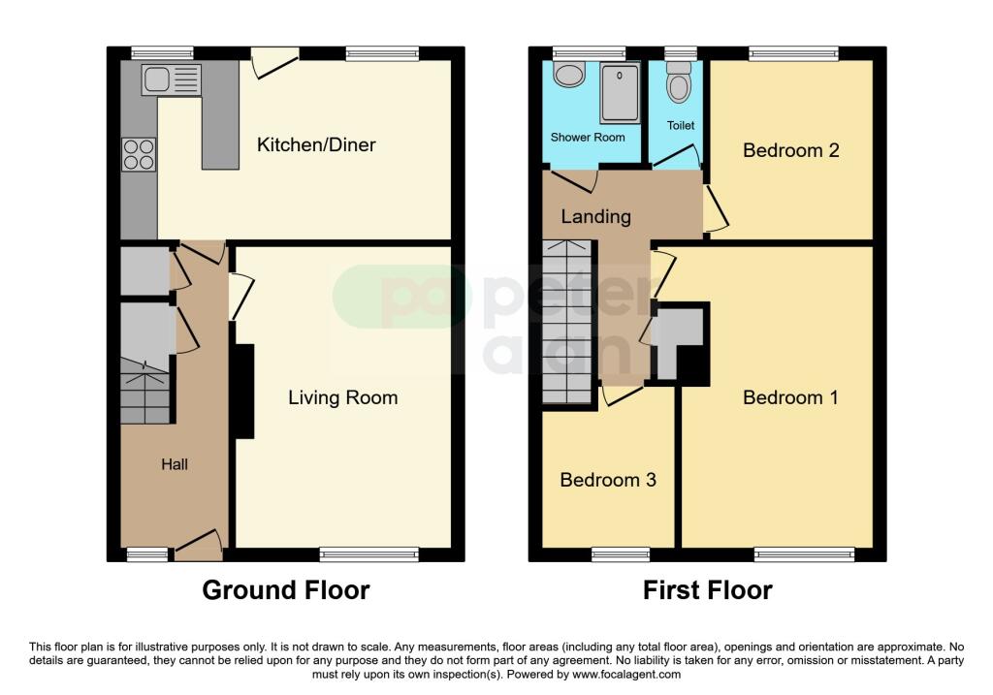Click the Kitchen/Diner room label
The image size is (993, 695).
(315, 145)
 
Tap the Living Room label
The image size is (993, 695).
(342, 397)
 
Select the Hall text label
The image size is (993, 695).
(175, 464)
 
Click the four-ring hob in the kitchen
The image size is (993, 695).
(138, 155)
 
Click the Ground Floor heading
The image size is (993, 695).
(286, 589)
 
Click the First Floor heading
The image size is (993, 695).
(708, 589)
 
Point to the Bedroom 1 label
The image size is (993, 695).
(790, 397)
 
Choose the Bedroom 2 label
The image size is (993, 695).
(790, 150)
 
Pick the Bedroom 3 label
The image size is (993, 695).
(608, 480)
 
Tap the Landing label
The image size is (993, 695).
(595, 216)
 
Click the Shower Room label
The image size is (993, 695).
(588, 138)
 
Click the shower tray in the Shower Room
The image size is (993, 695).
(620, 93)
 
